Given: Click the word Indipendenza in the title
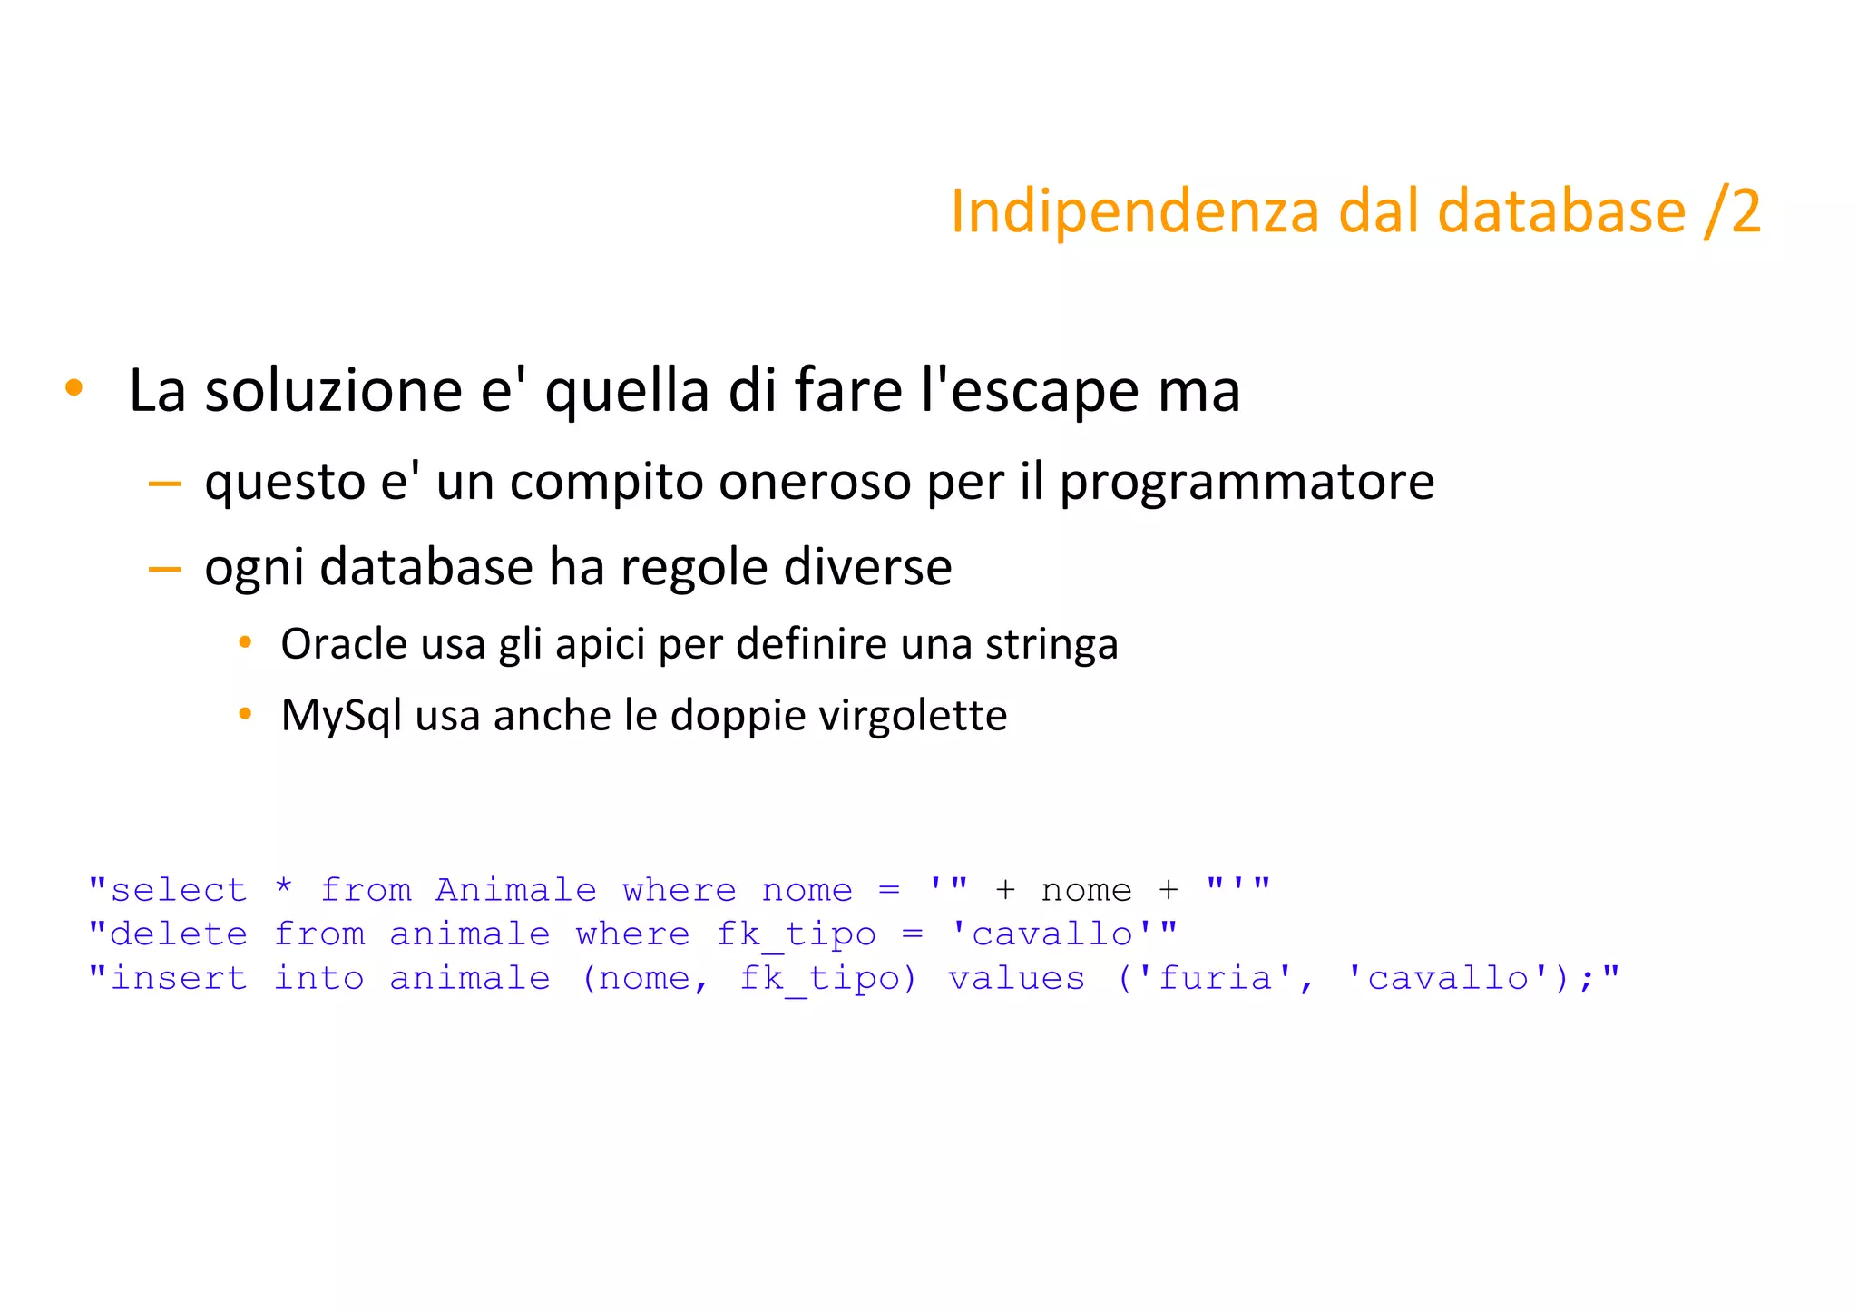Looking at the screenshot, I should (x=1134, y=212).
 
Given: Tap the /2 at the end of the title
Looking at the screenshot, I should (x=1732, y=212).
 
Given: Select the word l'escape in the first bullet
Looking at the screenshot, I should (x=1029, y=391).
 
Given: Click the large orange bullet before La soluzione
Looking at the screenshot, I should (x=73, y=388).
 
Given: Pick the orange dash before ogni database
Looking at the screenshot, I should (x=164, y=569).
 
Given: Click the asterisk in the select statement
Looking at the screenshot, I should (x=284, y=886).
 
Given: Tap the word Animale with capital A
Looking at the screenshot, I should (x=515, y=890).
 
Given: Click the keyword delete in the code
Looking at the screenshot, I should (x=178, y=934).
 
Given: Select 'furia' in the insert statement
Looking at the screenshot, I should (x=1216, y=978).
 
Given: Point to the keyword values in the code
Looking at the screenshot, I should (x=1016, y=978).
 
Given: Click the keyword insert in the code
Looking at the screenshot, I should (x=178, y=978).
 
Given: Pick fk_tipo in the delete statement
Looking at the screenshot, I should (x=796, y=935).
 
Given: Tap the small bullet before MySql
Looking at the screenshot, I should (x=244, y=715).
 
